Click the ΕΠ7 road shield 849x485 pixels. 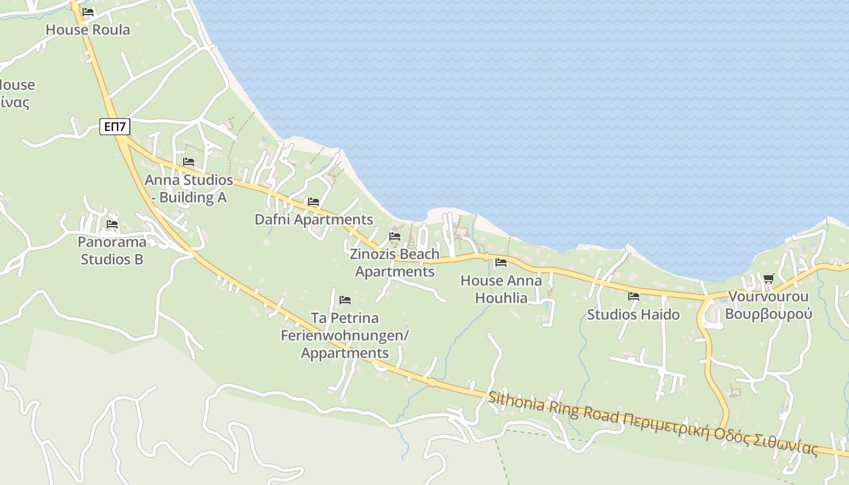[115, 127]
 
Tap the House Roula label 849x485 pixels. [88, 29]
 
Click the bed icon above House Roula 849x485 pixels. [88, 12]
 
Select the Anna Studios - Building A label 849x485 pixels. [189, 189]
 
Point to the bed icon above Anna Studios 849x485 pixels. [189, 162]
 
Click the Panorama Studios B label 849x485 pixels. [113, 250]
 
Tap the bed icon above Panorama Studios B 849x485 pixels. [112, 224]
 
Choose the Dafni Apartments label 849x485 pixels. [314, 219]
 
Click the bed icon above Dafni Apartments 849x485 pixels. [314, 202]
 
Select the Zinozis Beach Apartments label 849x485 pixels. [395, 263]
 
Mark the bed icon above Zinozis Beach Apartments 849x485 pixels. [395, 236]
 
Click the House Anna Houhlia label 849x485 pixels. [501, 289]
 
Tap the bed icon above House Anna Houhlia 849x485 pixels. [500, 263]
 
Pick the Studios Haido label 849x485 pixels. [633, 315]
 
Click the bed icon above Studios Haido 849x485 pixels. [634, 296]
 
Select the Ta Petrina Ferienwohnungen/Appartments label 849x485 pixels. [345, 335]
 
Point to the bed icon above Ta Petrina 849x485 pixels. [345, 299]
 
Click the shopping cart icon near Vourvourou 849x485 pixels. [769, 278]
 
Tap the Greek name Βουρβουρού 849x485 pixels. [768, 314]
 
